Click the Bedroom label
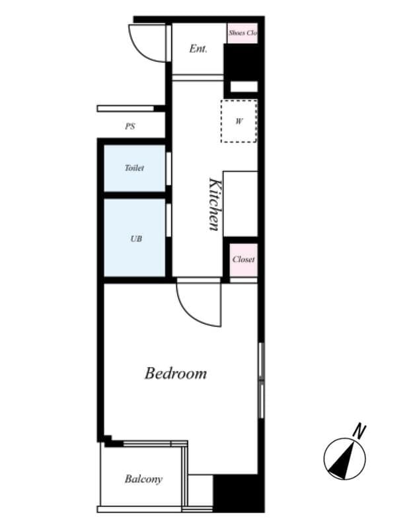(x=175, y=374)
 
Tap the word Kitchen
(x=214, y=203)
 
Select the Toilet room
(x=134, y=168)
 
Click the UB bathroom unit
(x=135, y=238)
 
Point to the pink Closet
(x=243, y=259)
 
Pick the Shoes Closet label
(x=243, y=32)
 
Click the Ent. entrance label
(x=198, y=49)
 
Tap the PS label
(x=130, y=126)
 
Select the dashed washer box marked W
(x=239, y=121)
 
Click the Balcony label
(x=143, y=479)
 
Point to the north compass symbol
(x=344, y=459)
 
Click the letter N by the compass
(x=359, y=432)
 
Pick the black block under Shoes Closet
(x=243, y=63)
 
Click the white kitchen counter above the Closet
(x=241, y=203)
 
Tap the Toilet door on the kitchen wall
(x=169, y=168)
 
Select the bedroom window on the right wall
(x=262, y=380)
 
